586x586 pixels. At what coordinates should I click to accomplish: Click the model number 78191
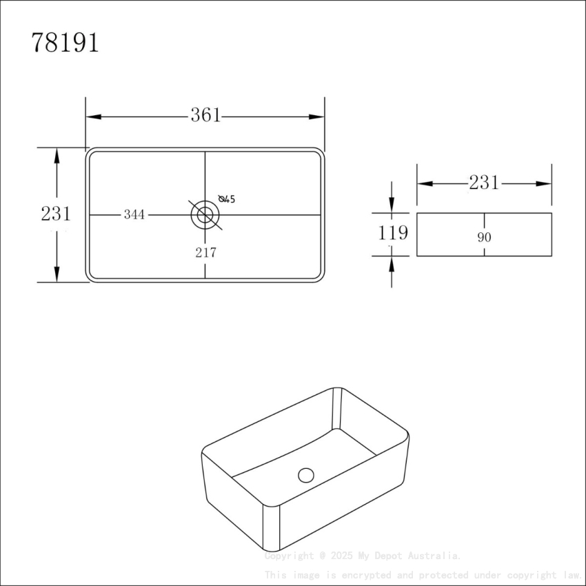coord(65,43)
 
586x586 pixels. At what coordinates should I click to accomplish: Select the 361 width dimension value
coord(205,116)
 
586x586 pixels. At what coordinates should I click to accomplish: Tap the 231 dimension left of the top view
coord(56,214)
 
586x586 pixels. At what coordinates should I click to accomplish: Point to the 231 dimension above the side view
coord(484,183)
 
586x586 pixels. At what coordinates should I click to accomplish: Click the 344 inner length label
coord(134,215)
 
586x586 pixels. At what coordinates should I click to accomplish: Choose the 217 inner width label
coord(205,253)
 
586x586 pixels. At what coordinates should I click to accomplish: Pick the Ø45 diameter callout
coord(227,199)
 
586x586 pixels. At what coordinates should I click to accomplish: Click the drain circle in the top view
coord(205,214)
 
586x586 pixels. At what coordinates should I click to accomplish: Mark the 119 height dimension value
coord(392,234)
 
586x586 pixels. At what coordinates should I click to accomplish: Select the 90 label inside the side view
coord(484,237)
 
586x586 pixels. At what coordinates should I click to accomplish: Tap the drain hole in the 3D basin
coord(306,474)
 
